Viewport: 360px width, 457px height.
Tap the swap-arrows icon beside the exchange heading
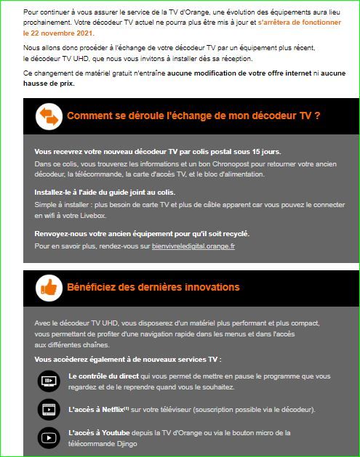click(x=48, y=116)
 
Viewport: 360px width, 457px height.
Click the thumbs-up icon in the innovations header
click(x=48, y=287)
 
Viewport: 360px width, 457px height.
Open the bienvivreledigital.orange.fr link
click(x=193, y=246)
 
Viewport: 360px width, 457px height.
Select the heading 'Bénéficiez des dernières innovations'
click(x=153, y=287)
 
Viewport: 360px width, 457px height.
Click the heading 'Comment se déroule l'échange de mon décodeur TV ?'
click(x=193, y=116)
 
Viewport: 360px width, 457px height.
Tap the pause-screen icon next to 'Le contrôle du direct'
click(x=49, y=380)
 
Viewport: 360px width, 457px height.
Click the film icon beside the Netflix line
click(x=49, y=409)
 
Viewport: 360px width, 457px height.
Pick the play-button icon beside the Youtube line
click(x=49, y=437)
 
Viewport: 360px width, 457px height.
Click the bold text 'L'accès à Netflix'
click(x=94, y=410)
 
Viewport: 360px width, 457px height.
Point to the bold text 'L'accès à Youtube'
click(x=95, y=432)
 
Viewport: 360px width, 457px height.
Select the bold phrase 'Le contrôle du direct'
click(x=103, y=376)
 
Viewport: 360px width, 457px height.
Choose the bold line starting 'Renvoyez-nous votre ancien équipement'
click(x=142, y=234)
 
